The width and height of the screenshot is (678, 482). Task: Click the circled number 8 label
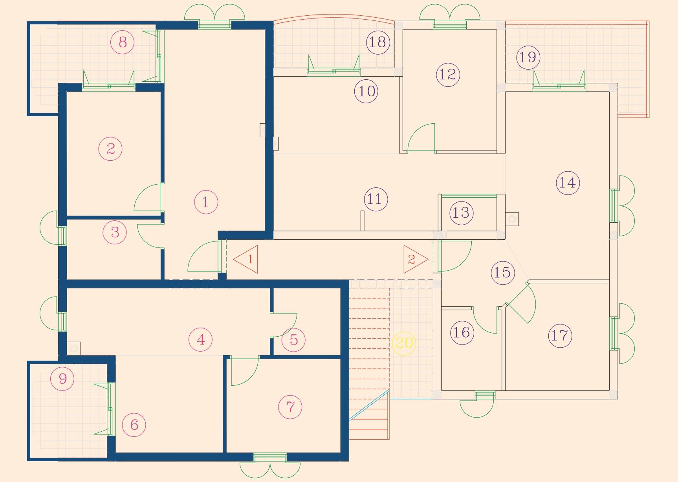click(x=123, y=42)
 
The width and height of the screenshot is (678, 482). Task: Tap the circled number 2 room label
click(x=110, y=149)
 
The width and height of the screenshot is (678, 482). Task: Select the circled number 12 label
click(x=448, y=75)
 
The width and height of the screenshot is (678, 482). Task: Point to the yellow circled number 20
click(x=404, y=344)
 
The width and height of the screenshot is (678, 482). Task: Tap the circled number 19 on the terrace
click(x=528, y=57)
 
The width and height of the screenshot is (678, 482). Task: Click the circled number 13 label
click(x=461, y=213)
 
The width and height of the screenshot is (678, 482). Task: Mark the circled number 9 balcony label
click(x=62, y=379)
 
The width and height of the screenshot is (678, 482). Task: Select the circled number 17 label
click(x=560, y=335)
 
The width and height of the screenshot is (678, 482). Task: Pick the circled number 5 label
click(x=294, y=340)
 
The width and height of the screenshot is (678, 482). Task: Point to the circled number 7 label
click(x=290, y=407)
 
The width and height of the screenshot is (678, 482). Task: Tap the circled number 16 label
click(x=462, y=333)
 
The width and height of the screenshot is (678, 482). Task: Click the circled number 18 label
click(x=378, y=42)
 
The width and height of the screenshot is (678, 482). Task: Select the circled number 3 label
click(x=115, y=232)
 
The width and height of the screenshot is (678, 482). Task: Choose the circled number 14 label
click(x=568, y=183)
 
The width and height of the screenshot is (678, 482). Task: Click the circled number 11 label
click(x=376, y=199)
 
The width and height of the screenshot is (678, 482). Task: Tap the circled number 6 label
click(x=134, y=425)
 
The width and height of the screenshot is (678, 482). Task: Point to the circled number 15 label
click(x=503, y=272)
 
